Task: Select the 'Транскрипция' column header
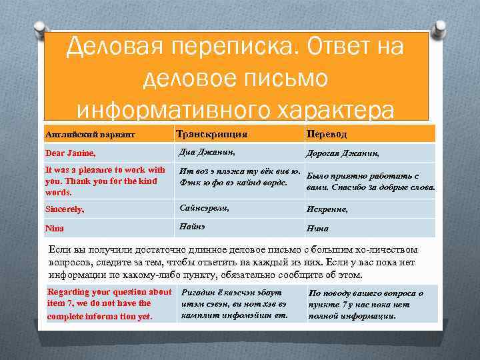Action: [211, 134]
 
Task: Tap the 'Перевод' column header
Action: [327, 133]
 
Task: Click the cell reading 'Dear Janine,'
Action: [70, 153]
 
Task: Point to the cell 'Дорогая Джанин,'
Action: [342, 153]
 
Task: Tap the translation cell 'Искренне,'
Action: [328, 209]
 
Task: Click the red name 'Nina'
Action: [55, 229]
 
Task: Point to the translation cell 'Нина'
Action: [317, 229]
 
